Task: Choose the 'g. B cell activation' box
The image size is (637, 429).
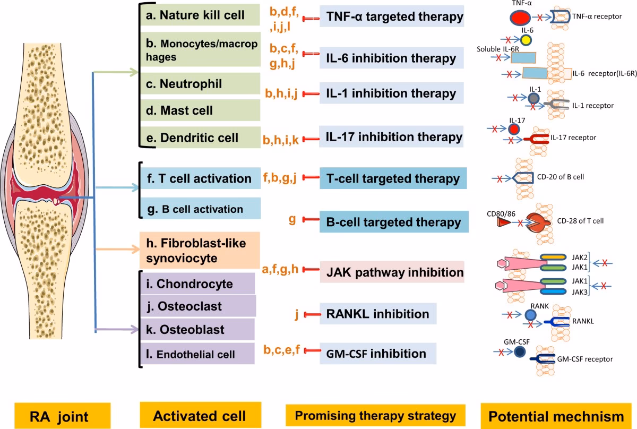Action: click(200, 209)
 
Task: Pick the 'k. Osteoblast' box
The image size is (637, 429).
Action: click(196, 330)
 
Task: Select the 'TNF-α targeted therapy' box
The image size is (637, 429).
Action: click(392, 17)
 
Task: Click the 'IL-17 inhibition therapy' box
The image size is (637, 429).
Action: click(392, 137)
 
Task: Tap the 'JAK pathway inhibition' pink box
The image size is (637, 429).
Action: click(392, 272)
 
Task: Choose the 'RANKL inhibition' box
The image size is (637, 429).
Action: click(378, 314)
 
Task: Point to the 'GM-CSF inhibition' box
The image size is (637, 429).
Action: click(378, 353)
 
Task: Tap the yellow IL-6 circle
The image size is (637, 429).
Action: click(526, 40)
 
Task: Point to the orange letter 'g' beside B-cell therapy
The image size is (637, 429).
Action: click(292, 219)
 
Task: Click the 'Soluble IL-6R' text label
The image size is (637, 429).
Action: click(497, 49)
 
